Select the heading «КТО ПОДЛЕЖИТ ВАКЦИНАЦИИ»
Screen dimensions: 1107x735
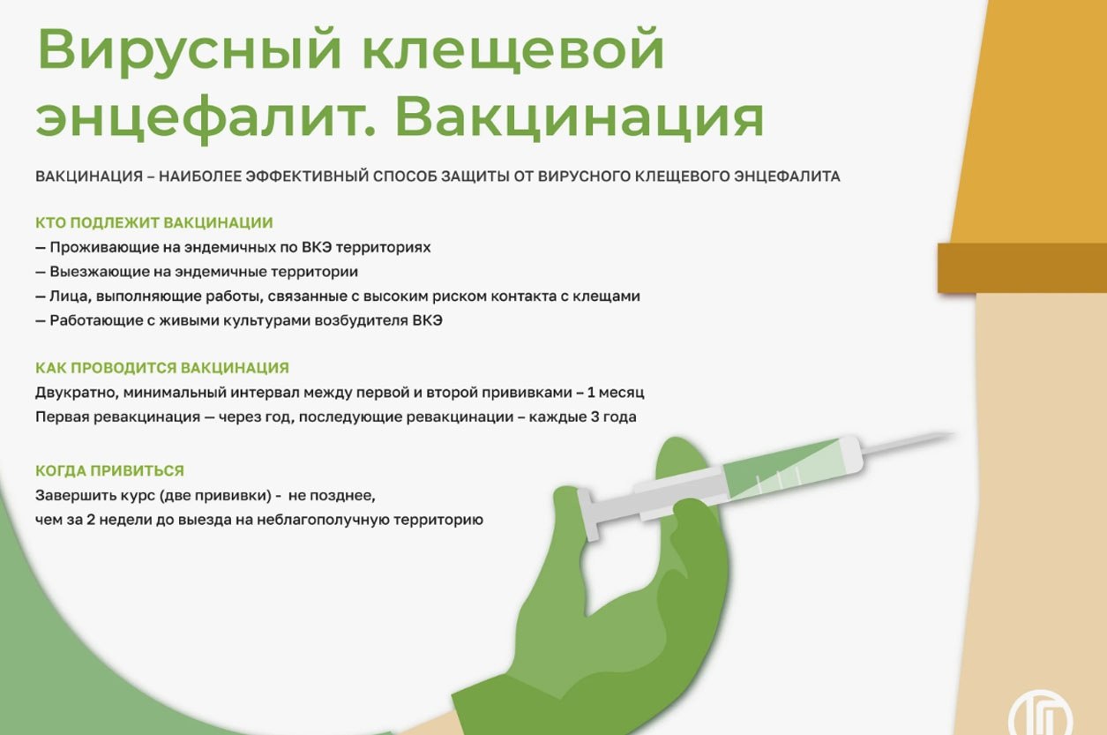click(x=154, y=223)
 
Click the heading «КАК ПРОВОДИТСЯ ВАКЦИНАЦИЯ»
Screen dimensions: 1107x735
click(x=162, y=368)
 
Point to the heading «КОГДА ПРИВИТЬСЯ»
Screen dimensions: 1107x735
click(x=109, y=470)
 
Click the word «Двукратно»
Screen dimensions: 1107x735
click(x=77, y=393)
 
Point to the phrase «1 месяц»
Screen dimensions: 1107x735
click(x=616, y=393)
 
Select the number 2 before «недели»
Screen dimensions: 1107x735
click(x=91, y=520)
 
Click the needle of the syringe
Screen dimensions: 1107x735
click(x=909, y=442)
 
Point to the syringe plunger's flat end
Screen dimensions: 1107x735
click(x=589, y=515)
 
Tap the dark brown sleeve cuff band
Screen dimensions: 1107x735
click(x=1022, y=268)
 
